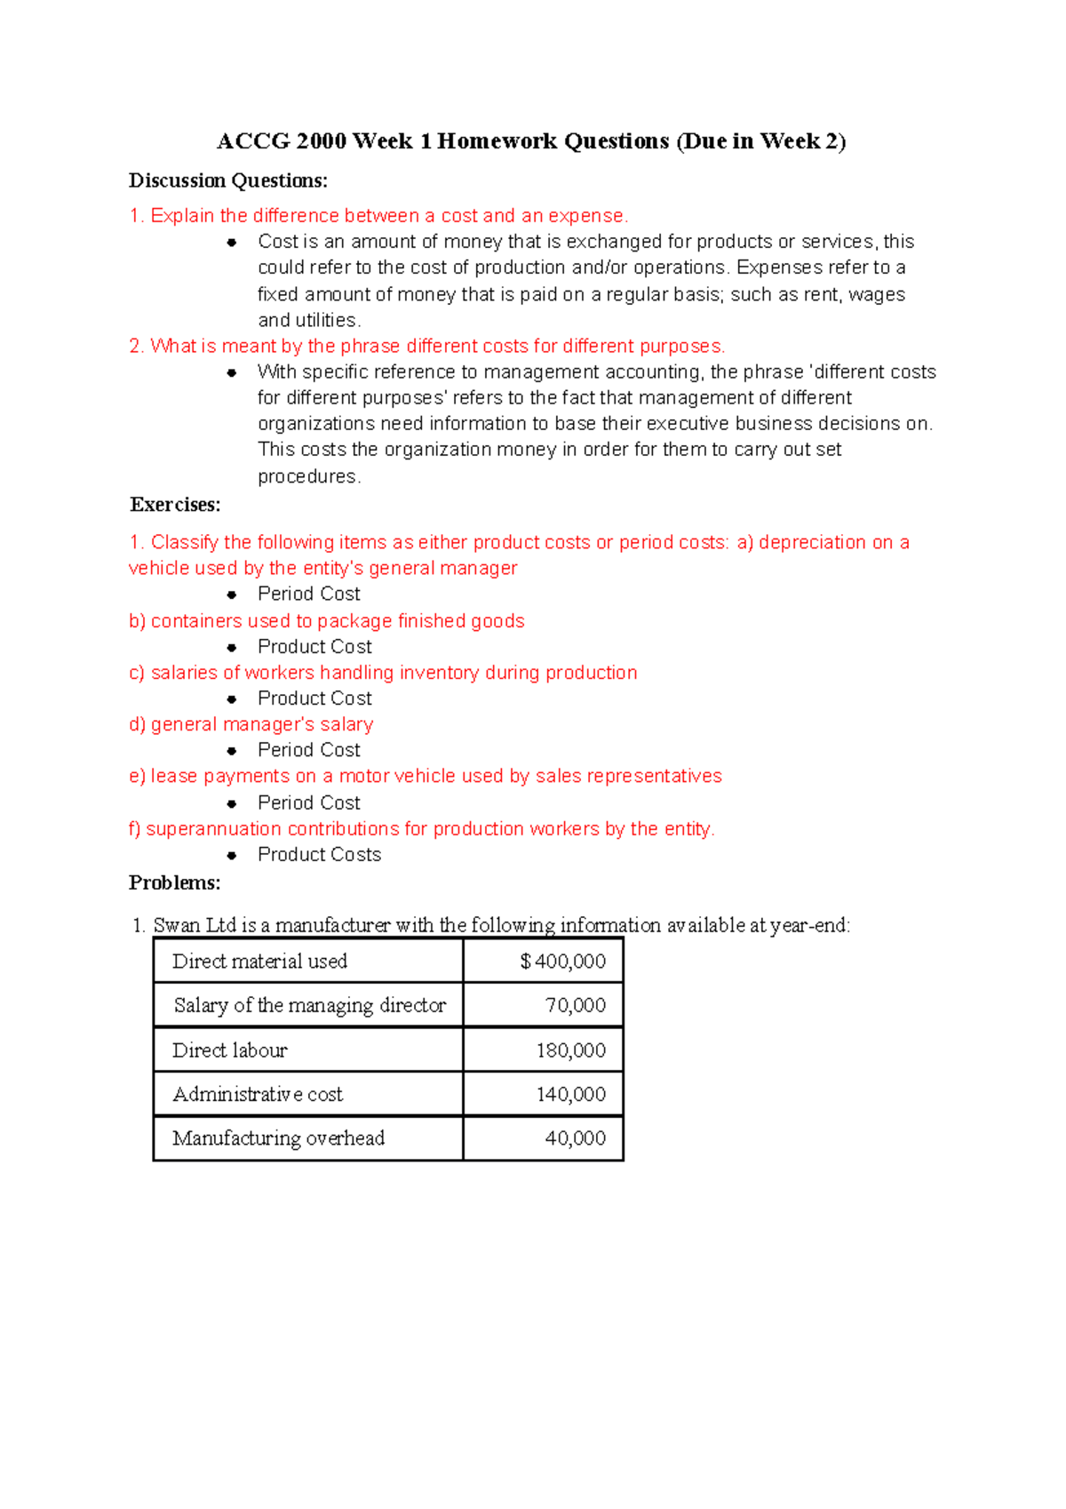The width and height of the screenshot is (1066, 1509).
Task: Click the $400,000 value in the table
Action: pos(562,962)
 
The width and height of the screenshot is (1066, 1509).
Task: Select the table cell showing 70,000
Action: pos(575,1005)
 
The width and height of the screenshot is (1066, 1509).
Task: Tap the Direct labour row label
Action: pos(230,1050)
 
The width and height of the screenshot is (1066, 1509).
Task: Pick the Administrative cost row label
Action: pos(258,1094)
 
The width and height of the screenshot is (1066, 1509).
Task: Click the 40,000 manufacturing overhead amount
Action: pos(575,1138)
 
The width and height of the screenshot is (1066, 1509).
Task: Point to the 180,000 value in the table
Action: pos(570,1050)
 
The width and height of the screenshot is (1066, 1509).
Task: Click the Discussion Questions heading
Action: pos(228,180)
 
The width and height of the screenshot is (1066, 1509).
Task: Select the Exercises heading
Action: pos(175,505)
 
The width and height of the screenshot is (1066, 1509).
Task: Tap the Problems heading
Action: pos(175,882)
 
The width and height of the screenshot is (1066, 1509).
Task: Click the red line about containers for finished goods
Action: pos(327,621)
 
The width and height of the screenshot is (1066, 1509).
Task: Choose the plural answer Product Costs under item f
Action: pos(319,855)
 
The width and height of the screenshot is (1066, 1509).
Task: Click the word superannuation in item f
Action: pos(213,829)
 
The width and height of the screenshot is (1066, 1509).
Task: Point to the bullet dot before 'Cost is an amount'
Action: pos(232,242)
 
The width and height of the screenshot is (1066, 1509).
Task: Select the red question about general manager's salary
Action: pos(251,724)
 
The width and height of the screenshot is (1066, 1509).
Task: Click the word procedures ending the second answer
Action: pos(307,476)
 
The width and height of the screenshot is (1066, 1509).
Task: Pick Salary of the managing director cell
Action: pos(309,1005)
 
